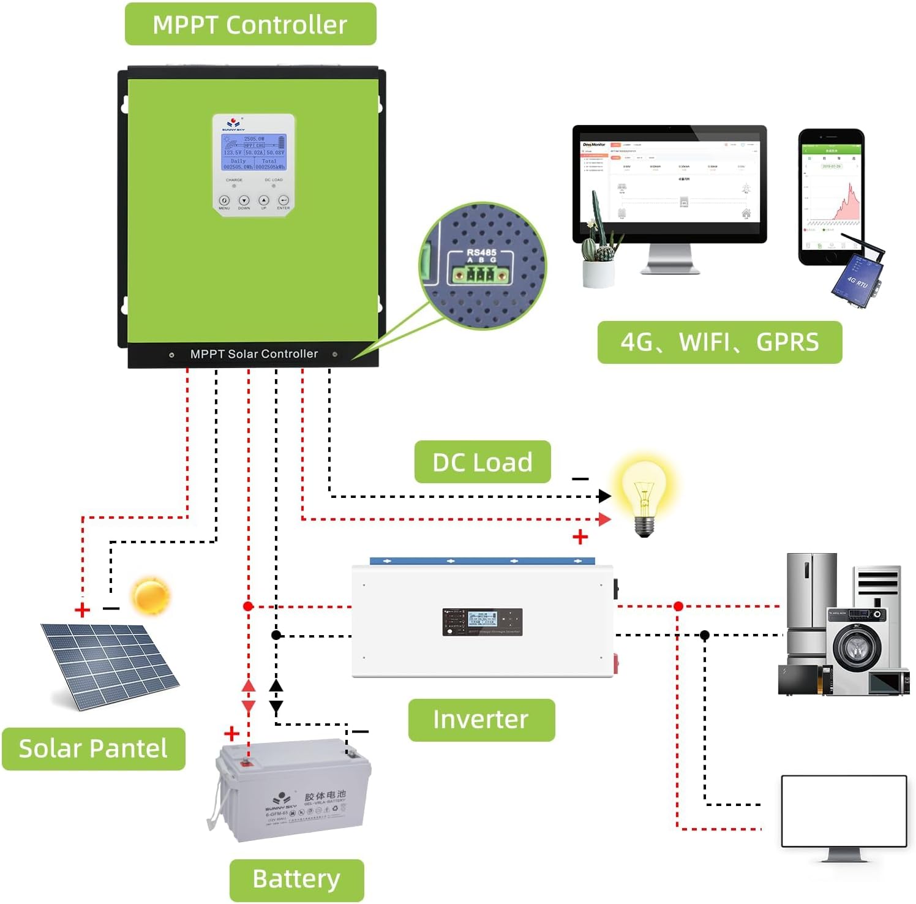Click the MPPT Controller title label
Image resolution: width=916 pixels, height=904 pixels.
click(250, 24)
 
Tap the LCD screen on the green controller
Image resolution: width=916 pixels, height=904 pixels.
click(253, 153)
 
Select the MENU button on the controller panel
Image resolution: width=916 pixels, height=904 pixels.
click(224, 201)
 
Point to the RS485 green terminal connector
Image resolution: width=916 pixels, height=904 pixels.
click(481, 274)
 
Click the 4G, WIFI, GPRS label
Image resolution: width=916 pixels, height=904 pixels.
click(719, 342)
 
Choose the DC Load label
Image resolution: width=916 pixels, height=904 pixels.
click(482, 462)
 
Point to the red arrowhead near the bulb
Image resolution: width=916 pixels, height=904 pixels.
click(604, 519)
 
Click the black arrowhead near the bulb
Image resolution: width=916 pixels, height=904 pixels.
click(604, 496)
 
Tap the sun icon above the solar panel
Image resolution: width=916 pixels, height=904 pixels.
click(151, 596)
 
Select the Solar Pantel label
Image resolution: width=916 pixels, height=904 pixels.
click(93, 748)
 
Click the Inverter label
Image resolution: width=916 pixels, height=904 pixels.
click(481, 720)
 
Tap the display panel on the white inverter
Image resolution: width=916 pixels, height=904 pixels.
click(482, 622)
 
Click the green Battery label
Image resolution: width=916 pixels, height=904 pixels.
click(296, 880)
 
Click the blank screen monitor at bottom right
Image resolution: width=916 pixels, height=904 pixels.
click(844, 811)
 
